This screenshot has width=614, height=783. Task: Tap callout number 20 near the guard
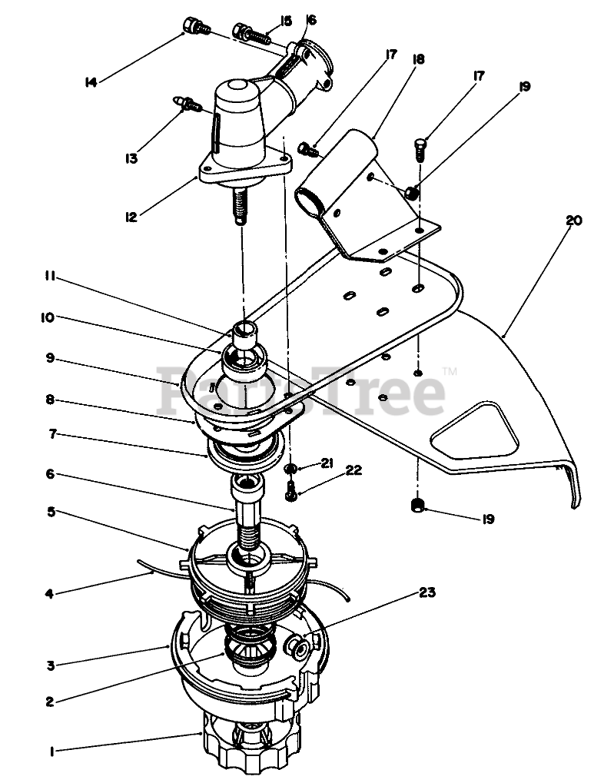point(573,221)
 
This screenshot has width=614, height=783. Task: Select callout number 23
point(426,592)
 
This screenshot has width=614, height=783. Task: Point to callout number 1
point(51,753)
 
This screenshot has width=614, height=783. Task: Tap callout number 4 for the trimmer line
point(49,592)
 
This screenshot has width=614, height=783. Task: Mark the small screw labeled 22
point(291,491)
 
